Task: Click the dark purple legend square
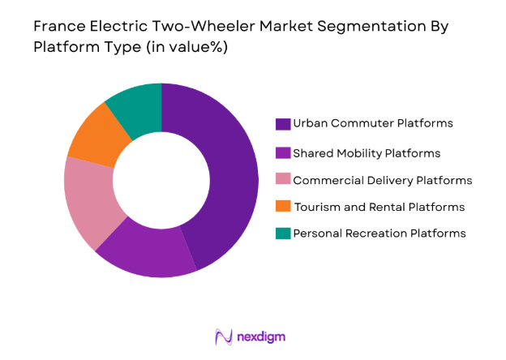click(x=282, y=124)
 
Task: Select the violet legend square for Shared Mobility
click(x=282, y=152)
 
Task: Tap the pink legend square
click(x=282, y=180)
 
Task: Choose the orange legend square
click(x=282, y=207)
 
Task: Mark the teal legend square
click(x=282, y=234)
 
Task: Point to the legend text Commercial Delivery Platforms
click(x=382, y=180)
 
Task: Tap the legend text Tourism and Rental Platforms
click(x=379, y=207)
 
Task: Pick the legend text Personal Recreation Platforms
click(x=379, y=234)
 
